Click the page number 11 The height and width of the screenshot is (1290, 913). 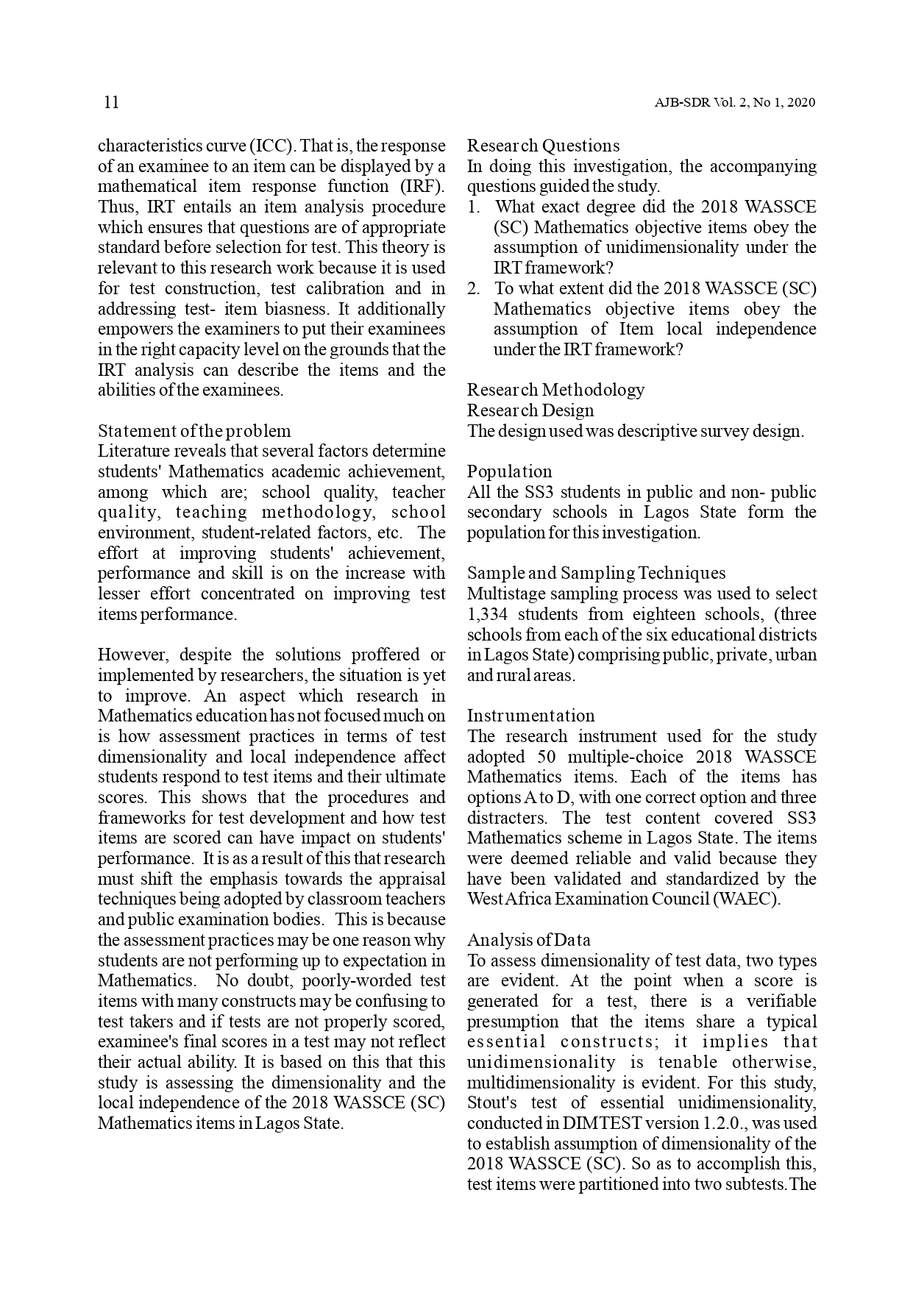pos(111,102)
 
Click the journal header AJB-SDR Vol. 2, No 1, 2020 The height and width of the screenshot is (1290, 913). pos(734,103)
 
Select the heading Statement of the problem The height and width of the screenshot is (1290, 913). pos(194,431)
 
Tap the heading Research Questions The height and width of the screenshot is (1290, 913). pos(543,146)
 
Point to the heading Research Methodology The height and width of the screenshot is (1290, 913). pos(555,390)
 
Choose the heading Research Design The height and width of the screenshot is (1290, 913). pos(530,410)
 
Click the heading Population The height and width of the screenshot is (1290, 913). pos(509,471)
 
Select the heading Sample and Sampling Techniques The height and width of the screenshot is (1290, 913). pos(596,573)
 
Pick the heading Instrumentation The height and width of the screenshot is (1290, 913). pos(530,716)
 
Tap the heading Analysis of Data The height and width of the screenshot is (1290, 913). pos(528,940)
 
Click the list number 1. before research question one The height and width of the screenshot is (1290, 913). pos(475,207)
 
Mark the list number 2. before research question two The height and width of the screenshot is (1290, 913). pos(475,288)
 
